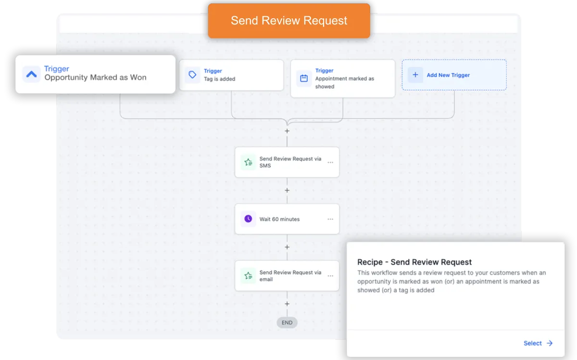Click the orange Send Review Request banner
[x=289, y=21]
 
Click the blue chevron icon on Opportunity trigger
[x=31, y=74]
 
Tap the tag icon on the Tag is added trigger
[x=192, y=74]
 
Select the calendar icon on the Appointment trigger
[x=304, y=78]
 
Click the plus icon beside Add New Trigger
[x=415, y=75]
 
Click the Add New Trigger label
[x=448, y=75]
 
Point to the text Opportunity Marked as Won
[x=95, y=77]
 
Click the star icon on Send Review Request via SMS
[x=248, y=162]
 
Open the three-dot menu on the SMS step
[x=330, y=162]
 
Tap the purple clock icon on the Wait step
[x=248, y=219]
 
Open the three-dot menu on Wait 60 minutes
[x=330, y=219]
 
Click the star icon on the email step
[x=248, y=276]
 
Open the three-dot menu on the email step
[x=330, y=276]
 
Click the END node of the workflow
[x=287, y=323]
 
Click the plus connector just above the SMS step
[x=287, y=131]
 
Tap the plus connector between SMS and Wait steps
[x=287, y=190]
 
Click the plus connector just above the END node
[x=287, y=304]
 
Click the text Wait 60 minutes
[x=279, y=219]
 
